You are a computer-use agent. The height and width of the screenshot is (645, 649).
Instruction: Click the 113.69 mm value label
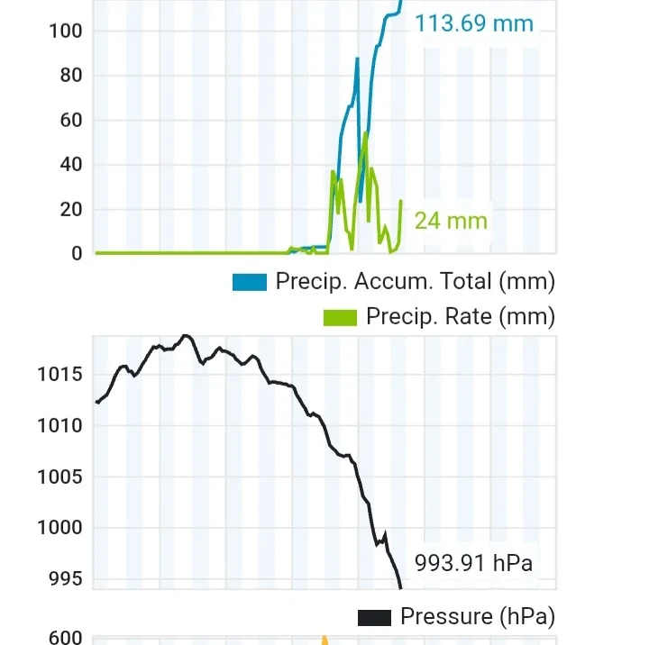[x=474, y=23]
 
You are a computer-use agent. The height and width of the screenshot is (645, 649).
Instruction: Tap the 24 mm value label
[x=451, y=220]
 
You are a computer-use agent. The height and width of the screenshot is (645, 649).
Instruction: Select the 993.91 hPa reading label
[x=473, y=564]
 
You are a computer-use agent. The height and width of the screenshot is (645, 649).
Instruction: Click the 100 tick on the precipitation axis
[x=66, y=31]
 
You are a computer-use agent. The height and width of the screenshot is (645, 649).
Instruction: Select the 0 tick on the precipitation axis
[x=77, y=254]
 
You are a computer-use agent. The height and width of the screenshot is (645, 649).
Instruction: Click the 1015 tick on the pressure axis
[x=60, y=374]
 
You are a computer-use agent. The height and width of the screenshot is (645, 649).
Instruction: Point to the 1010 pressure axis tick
[x=60, y=425]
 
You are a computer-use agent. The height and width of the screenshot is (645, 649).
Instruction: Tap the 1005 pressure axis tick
[x=60, y=477]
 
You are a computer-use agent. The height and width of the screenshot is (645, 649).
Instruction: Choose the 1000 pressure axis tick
[x=60, y=528]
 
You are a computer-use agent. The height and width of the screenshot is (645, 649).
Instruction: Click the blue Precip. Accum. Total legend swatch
[x=250, y=282]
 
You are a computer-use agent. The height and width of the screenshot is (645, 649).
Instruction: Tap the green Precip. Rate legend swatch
[x=340, y=317]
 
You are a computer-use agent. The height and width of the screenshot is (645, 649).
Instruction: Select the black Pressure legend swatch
[x=374, y=617]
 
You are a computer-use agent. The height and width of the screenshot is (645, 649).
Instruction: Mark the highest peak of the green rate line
[x=366, y=133]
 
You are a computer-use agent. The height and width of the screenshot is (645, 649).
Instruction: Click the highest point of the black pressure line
[x=186, y=335]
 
